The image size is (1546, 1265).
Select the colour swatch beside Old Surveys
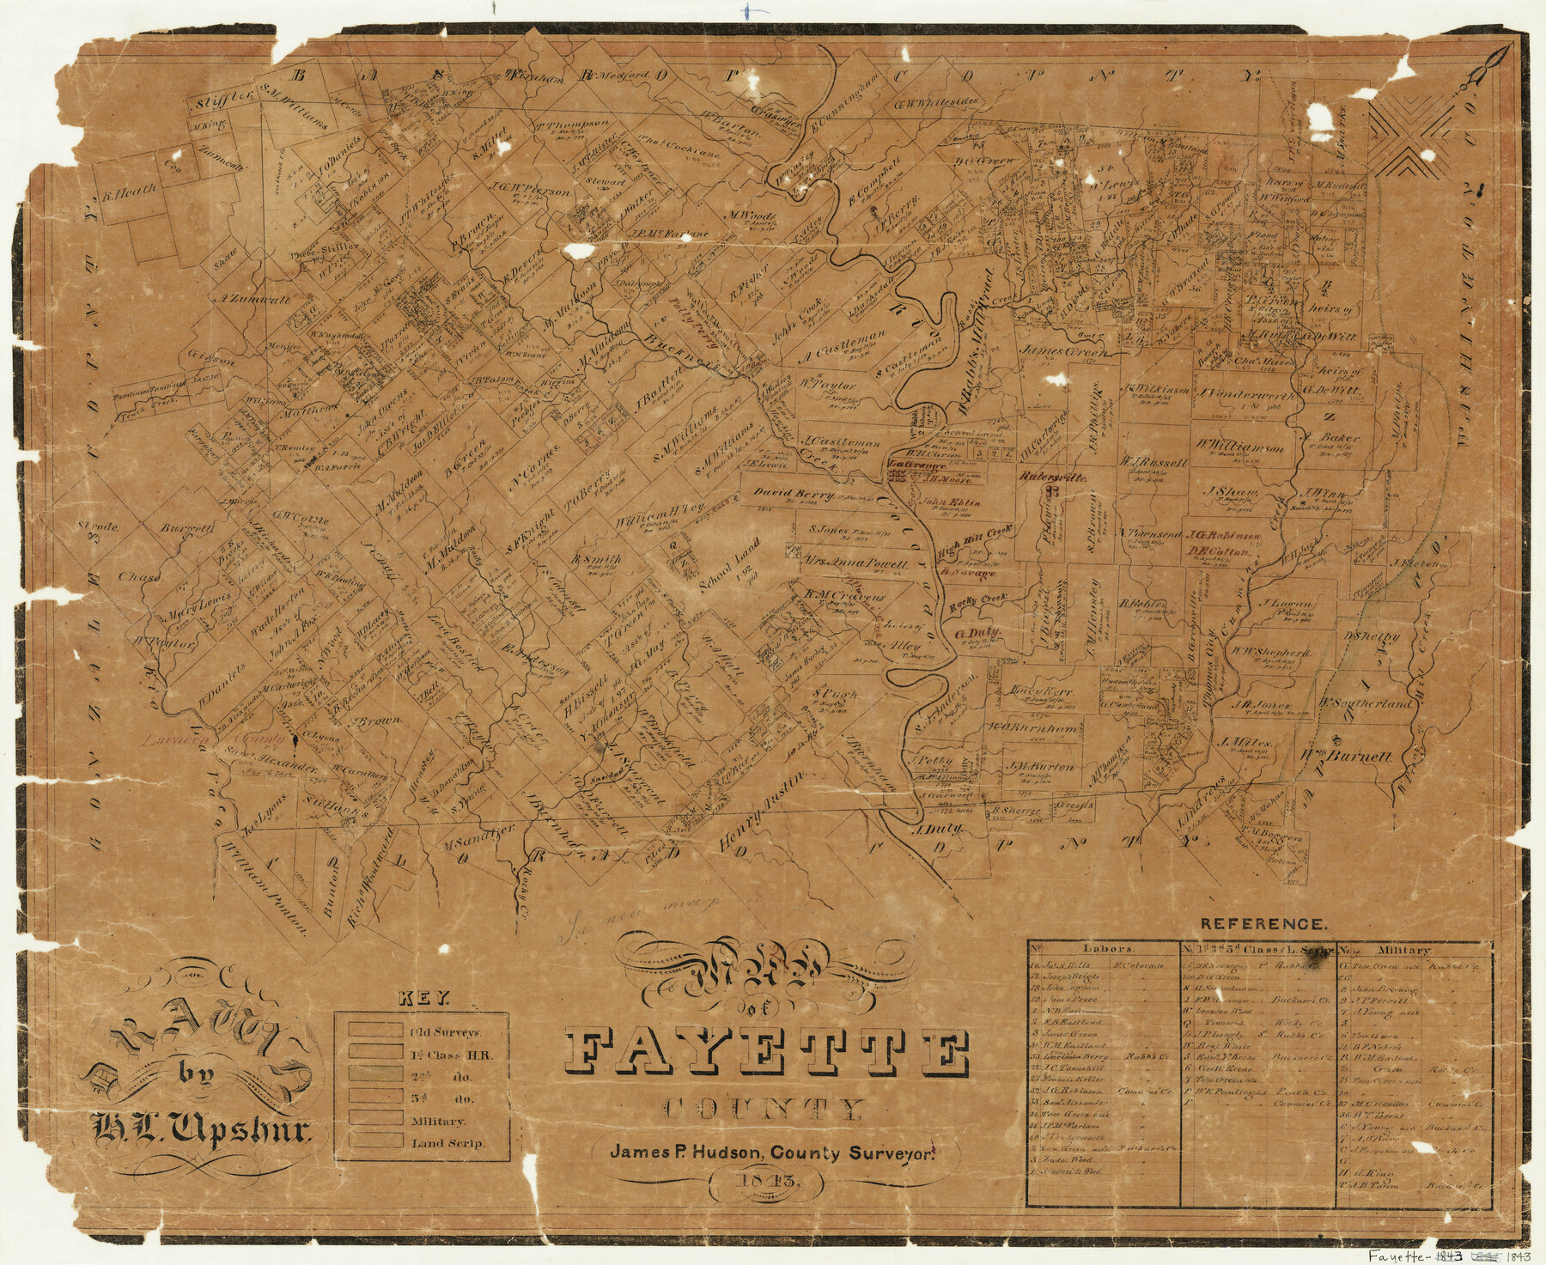[374, 1030]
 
